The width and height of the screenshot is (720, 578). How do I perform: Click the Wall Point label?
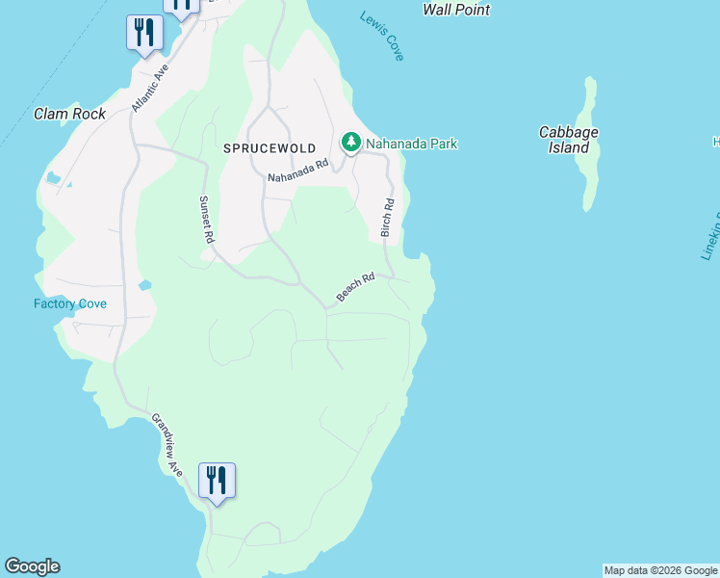pos(456,10)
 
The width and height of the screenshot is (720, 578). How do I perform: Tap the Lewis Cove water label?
pos(382,37)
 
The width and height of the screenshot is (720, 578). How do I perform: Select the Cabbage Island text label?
pos(569,140)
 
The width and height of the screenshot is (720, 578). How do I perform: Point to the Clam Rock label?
pos(69,114)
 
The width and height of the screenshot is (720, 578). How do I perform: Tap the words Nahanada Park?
pos(411,144)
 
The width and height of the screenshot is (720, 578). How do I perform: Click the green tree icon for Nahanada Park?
pos(351,144)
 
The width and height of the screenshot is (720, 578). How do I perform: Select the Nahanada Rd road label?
pos(298,171)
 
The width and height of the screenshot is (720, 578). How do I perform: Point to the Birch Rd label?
pos(388,219)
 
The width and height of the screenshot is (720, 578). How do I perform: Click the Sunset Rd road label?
pos(204,219)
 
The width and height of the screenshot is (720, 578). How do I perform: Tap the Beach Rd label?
pos(354,286)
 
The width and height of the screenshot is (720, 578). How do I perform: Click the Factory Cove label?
pos(70,304)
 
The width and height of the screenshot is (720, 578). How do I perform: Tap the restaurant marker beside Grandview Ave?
pos(217,480)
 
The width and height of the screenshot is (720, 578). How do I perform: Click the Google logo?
pos(32,566)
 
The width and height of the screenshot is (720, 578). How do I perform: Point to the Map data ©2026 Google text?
pos(661,570)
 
